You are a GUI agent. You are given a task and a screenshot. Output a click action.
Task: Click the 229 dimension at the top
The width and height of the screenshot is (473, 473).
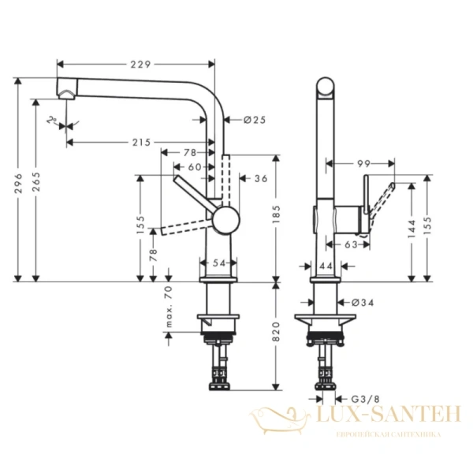pos(139,63)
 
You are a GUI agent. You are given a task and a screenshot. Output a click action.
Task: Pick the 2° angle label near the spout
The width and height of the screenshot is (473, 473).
pos(52,120)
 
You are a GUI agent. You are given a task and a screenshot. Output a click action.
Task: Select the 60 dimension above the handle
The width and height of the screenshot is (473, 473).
pos(193,166)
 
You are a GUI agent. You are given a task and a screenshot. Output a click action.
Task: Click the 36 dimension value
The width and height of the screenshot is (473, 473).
pos(261,179)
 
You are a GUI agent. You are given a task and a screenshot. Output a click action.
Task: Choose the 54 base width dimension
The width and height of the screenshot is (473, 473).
pos(219,263)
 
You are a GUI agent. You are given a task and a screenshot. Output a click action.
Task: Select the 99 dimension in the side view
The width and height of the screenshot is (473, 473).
pos(363,163)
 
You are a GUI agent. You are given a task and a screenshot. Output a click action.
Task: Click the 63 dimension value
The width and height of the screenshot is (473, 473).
pos(352,244)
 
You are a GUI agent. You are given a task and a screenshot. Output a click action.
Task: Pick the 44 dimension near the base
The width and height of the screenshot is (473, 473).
pos(326,266)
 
